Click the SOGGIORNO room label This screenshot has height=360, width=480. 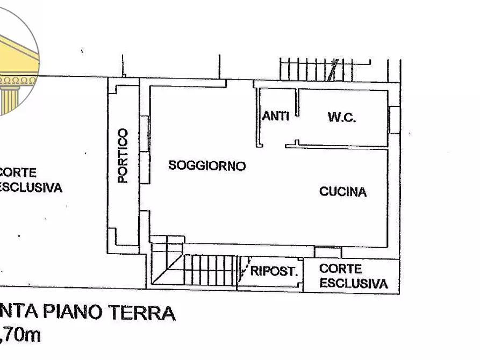point(207,165)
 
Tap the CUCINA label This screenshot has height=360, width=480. point(343,191)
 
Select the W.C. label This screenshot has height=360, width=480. point(342,118)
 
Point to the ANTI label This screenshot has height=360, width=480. point(276,116)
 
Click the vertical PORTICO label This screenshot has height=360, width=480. point(123,156)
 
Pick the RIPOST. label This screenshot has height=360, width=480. point(274,271)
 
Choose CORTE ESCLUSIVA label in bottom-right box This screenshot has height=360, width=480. point(353,276)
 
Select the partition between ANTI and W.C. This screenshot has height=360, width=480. point(296,103)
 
